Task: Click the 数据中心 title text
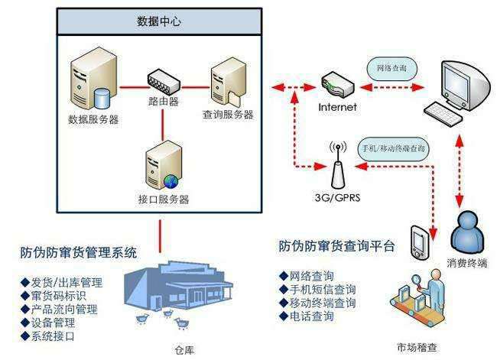[160, 22]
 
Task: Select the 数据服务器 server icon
[90, 79]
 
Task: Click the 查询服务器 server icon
[227, 79]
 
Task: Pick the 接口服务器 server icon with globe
[161, 166]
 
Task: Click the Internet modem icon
[337, 82]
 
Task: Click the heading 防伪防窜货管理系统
[80, 252]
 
